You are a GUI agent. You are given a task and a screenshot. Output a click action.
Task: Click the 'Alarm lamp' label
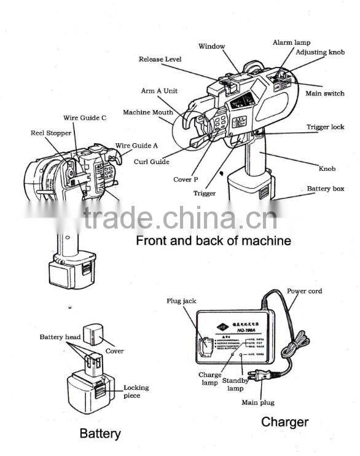[291, 42]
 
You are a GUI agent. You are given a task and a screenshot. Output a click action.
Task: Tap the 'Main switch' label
[324, 93]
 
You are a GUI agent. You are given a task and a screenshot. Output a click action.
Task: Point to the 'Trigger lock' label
[326, 127]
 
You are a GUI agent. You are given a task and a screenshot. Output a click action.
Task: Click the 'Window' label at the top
[211, 46]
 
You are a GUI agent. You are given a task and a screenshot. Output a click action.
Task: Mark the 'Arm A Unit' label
[159, 91]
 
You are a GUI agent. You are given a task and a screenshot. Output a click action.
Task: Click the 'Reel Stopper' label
[51, 133]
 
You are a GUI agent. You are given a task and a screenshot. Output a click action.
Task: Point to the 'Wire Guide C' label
[85, 117]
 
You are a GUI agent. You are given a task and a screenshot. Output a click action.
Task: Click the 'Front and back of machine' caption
[213, 240]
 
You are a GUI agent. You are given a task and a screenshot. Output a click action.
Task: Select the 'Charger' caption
[284, 422]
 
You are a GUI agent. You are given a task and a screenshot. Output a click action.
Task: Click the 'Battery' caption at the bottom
[100, 433]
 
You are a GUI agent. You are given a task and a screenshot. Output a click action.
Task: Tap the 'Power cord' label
[305, 291]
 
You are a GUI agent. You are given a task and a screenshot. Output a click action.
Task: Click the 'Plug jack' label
[181, 301]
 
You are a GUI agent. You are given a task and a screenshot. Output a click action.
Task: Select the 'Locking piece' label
[136, 391]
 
